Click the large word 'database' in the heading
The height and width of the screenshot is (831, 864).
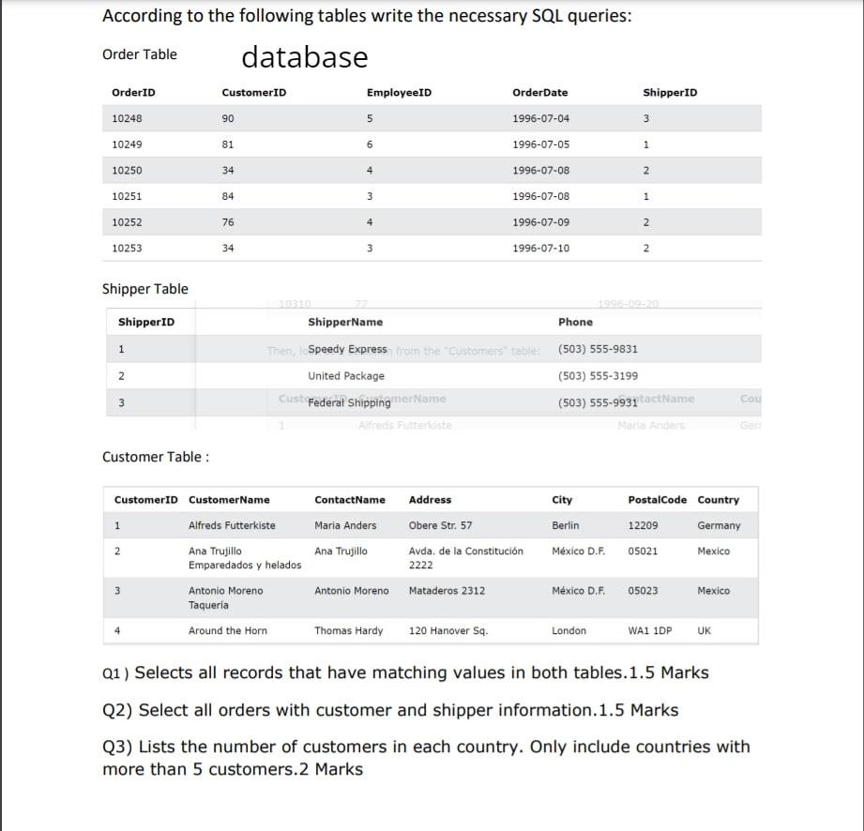305,57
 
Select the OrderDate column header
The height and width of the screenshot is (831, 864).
539,93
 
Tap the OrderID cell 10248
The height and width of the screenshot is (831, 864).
127,119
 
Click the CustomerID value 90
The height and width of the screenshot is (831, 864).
228,119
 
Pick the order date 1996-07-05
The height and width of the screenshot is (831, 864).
540,144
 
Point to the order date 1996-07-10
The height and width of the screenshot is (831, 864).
540,249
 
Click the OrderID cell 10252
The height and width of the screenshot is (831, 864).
127,222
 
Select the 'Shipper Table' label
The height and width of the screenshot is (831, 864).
144,289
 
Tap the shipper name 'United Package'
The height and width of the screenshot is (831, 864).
346,376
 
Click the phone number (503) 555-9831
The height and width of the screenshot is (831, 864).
598,349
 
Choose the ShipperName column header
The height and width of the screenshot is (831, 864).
345,323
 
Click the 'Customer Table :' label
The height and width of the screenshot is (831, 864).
156,457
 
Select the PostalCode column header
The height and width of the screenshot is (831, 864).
657,500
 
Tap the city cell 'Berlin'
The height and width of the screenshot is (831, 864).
566,525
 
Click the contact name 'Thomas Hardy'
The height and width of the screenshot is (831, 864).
348,631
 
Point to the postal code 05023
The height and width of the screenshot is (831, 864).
643,591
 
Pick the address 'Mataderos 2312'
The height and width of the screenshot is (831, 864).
447,591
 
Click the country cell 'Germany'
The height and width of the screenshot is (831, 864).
719,525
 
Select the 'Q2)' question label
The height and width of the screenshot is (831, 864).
116,710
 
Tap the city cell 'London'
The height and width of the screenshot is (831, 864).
568,631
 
